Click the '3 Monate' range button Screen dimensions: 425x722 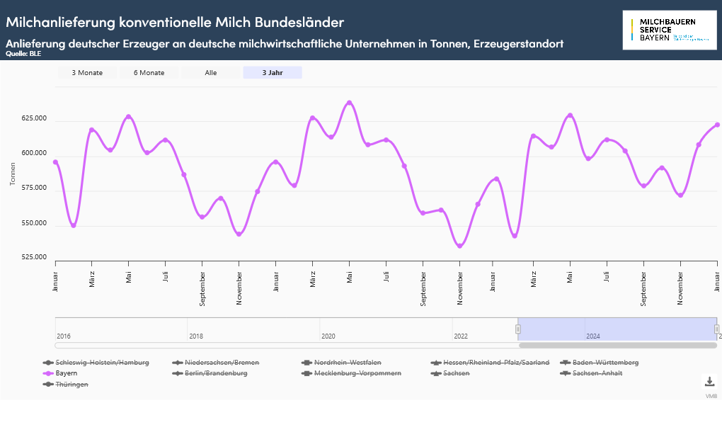[x=87, y=72]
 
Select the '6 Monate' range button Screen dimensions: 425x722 [x=149, y=72]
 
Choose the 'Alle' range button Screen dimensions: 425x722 [x=211, y=72]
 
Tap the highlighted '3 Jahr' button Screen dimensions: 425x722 [x=273, y=72]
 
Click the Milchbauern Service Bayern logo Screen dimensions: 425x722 [x=670, y=30]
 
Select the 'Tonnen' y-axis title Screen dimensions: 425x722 [x=13, y=174]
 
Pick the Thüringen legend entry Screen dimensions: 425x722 [x=71, y=384]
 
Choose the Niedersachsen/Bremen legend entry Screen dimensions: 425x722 [x=222, y=363]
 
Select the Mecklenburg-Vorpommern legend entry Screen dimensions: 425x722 [x=357, y=373]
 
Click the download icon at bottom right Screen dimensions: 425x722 [x=710, y=382]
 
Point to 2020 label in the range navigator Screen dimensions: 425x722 [x=328, y=336]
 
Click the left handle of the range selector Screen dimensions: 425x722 [x=518, y=329]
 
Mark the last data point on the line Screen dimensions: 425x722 [x=717, y=125]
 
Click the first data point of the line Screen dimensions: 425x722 [x=56, y=162]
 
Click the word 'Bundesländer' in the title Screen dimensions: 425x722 [x=297, y=23]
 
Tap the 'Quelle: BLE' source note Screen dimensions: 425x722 [x=23, y=53]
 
